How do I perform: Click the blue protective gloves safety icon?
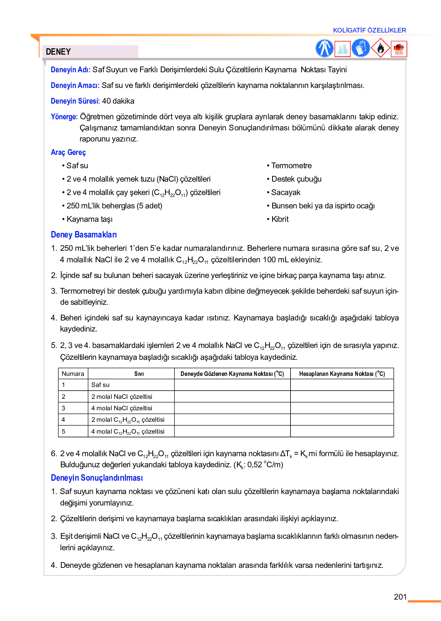(x=361, y=49)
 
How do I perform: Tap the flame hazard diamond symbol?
(x=380, y=49)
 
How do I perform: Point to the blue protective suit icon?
(x=324, y=49)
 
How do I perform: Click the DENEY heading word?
(x=58, y=52)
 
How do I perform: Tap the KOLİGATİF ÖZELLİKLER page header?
(x=369, y=30)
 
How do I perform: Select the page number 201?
(x=400, y=597)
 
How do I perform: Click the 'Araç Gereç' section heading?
(x=68, y=152)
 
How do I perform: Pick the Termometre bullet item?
(x=291, y=166)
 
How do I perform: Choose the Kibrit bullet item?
(x=280, y=219)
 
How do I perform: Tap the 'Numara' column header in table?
(x=73, y=374)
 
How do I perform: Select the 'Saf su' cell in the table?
(x=100, y=385)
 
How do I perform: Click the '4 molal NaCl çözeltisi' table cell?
(x=122, y=408)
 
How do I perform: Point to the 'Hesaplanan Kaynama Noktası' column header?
(x=342, y=374)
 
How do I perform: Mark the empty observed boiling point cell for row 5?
(x=232, y=431)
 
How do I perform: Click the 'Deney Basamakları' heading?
(x=83, y=234)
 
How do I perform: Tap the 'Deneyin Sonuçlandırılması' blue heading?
(x=96, y=478)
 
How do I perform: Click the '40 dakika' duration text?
(x=118, y=101)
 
